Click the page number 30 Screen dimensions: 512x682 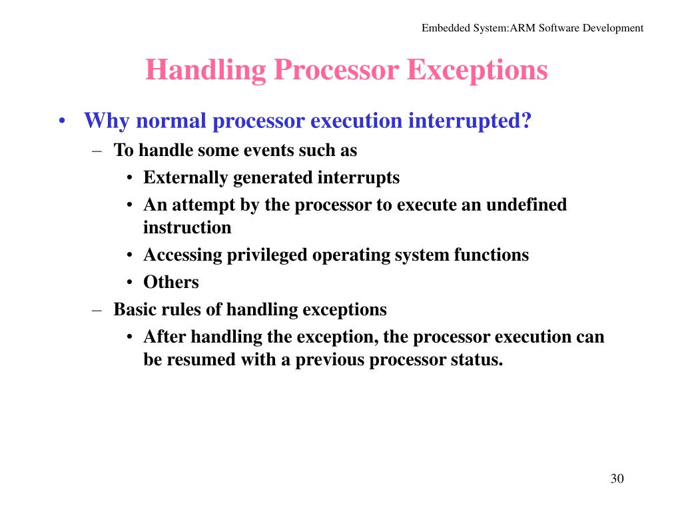pos(617,479)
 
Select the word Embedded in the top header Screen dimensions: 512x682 pos(444,28)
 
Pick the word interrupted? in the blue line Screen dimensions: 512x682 pos(470,121)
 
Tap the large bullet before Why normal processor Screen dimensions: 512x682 pos(61,122)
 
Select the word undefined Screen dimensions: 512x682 pos(526,205)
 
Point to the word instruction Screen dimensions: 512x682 pos(187,227)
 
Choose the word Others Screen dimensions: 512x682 pos(171,282)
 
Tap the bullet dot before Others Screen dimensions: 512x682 pos(130,283)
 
